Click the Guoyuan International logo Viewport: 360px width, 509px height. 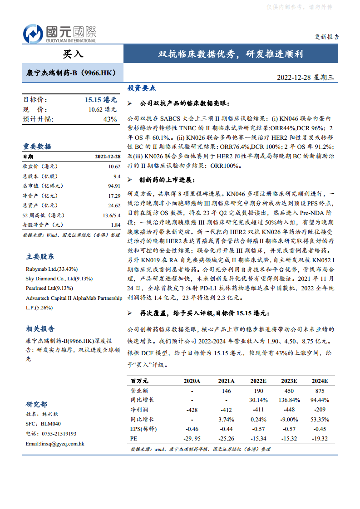[x=59, y=34]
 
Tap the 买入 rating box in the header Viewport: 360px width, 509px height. [x=73, y=54]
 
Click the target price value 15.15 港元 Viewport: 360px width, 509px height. [x=101, y=100]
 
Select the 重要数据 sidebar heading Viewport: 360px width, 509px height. [x=37, y=147]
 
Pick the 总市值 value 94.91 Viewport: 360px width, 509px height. [x=113, y=186]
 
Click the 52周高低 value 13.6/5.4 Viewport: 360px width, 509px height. [x=111, y=215]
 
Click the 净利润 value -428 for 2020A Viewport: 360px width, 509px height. [x=192, y=410]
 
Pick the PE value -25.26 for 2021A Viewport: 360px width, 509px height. [x=226, y=439]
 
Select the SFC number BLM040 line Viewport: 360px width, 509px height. [x=43, y=424]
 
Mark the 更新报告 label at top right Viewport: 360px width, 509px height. [x=326, y=37]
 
